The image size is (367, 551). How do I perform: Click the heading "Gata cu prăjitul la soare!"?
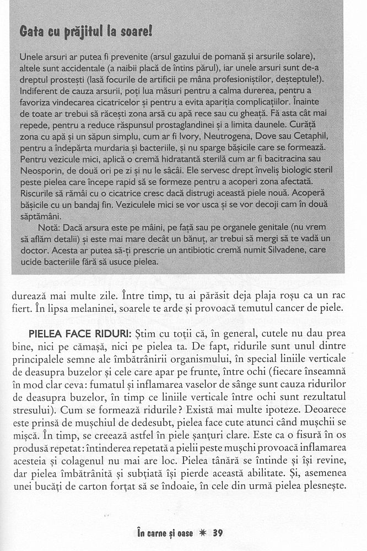click(85, 32)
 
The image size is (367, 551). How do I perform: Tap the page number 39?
click(217, 533)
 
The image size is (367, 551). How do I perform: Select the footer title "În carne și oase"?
click(165, 533)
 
